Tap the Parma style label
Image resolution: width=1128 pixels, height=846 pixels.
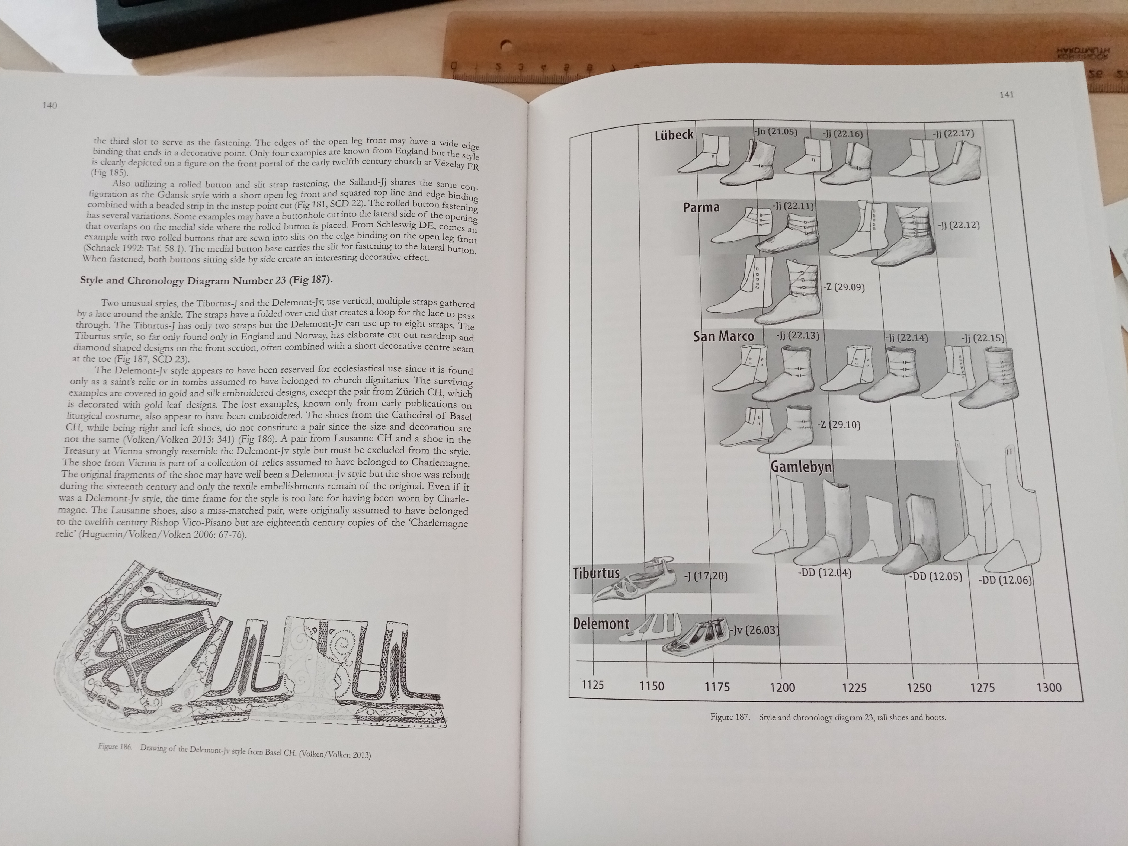(x=701, y=207)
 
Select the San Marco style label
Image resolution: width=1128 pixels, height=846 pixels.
(x=723, y=336)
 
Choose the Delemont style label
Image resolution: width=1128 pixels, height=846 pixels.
(x=601, y=624)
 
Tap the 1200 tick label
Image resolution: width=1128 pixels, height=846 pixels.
(x=782, y=687)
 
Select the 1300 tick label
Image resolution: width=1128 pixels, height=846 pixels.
(x=1049, y=687)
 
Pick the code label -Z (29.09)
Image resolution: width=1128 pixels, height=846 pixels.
(x=844, y=287)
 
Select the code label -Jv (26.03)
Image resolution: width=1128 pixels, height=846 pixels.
(x=754, y=630)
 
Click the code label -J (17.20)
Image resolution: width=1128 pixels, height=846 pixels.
(x=706, y=576)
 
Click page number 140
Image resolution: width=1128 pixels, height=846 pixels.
(x=50, y=105)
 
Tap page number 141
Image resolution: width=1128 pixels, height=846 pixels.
(x=1006, y=94)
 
